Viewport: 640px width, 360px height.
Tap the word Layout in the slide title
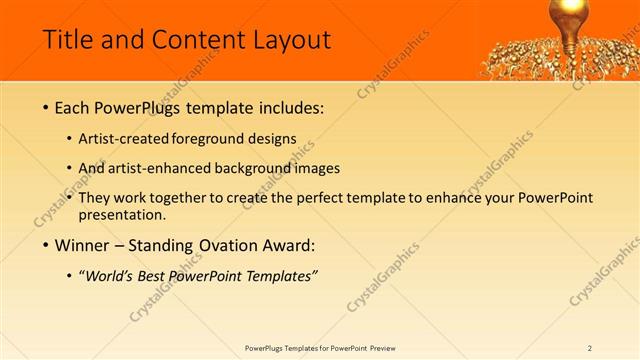click(x=291, y=40)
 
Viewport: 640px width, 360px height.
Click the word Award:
click(x=287, y=246)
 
